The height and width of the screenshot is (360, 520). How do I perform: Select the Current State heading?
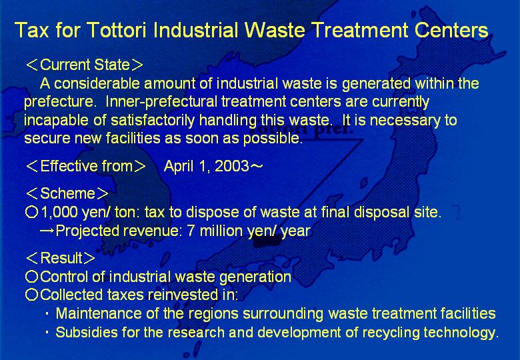(x=85, y=65)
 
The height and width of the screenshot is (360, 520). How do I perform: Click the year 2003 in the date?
(x=232, y=166)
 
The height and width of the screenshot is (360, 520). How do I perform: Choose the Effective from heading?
(x=86, y=166)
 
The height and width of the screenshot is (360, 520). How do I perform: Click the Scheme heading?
(x=67, y=193)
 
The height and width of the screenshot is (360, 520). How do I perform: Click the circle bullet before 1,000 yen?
(x=32, y=212)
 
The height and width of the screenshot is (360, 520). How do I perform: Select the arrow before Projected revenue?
(x=47, y=231)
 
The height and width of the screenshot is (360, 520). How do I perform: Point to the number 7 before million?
(x=191, y=231)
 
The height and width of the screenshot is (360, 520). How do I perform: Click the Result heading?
(x=61, y=258)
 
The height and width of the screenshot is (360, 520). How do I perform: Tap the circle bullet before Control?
(x=32, y=277)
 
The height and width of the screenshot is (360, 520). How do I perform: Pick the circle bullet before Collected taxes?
(x=32, y=295)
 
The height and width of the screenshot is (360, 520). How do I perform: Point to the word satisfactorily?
(x=153, y=120)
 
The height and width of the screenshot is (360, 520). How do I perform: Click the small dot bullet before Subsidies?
(x=47, y=332)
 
